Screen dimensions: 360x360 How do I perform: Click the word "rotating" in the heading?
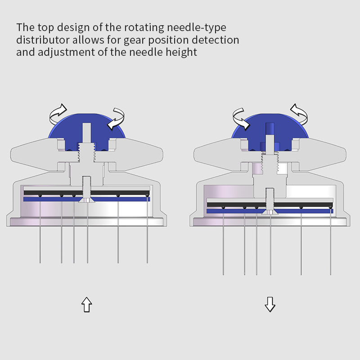tap(144, 27)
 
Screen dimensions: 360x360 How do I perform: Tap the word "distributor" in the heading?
tap(43, 40)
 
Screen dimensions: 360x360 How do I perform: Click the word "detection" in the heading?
tap(216, 40)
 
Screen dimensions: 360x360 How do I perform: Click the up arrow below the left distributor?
tap(86, 305)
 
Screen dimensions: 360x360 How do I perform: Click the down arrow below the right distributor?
tap(270, 305)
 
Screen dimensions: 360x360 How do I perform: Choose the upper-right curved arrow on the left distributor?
tap(117, 118)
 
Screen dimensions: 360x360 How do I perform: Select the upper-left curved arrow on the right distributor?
tap(241, 118)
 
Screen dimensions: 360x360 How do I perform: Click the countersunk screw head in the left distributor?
tap(87, 200)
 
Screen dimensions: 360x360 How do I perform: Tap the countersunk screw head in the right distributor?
tap(270, 212)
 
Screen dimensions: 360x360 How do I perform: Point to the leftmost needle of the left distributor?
tap(40, 229)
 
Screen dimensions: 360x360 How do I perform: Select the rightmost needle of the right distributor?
tap(330, 241)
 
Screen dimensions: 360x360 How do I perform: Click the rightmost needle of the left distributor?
tap(147, 229)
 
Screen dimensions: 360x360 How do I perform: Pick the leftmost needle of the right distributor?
tap(223, 241)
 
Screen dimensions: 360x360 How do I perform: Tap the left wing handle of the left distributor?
tap(35, 155)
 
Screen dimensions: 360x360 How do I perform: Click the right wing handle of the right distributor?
tap(321, 155)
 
